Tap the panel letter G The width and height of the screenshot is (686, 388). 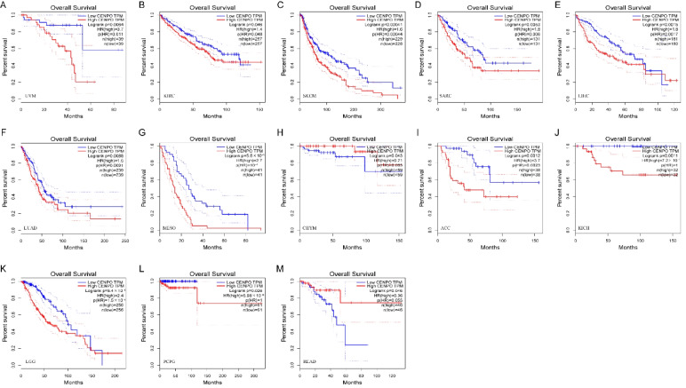[x=143, y=137]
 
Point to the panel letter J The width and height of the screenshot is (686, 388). [x=553, y=137]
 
